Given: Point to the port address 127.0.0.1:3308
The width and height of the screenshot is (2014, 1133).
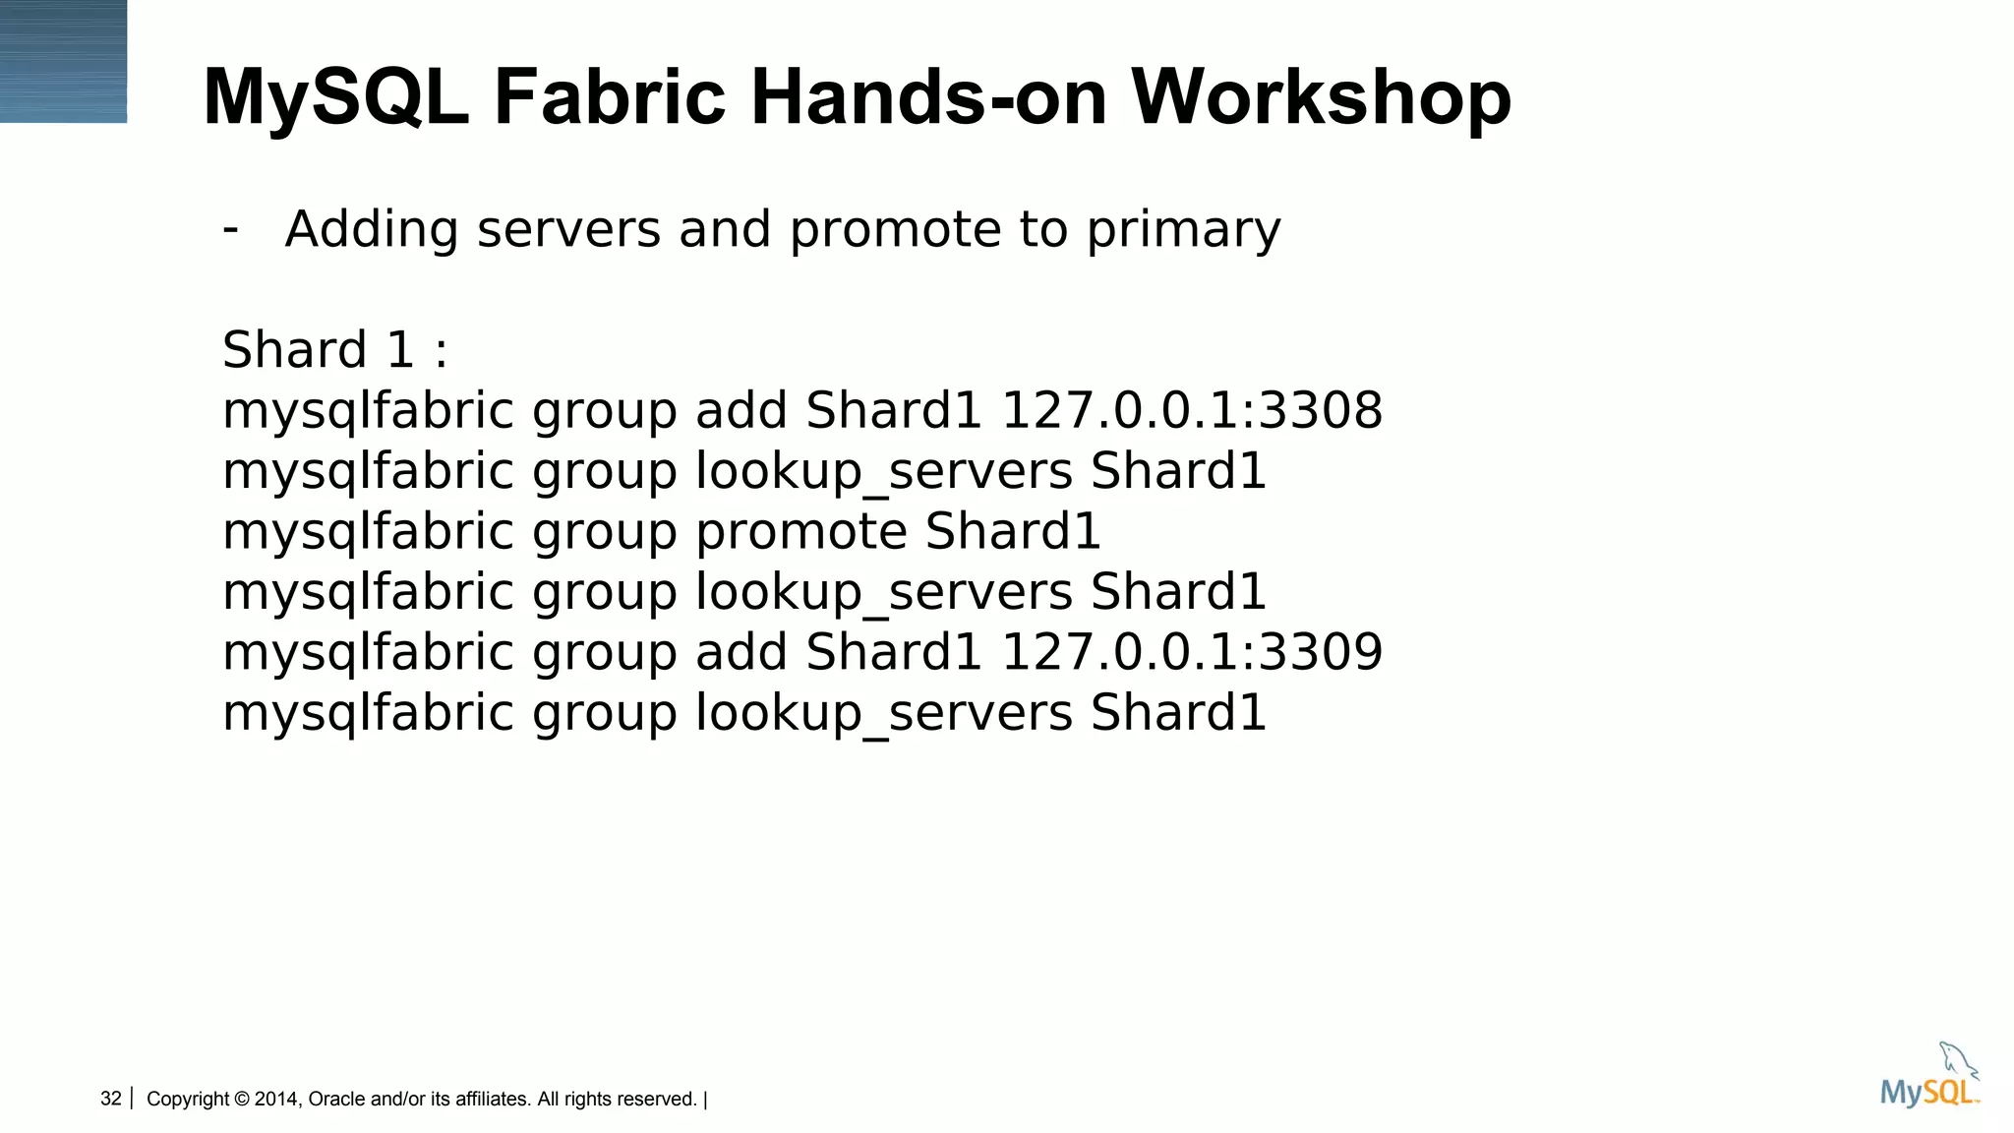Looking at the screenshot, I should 1191,410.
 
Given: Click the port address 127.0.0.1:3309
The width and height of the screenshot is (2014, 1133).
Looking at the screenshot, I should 1191,652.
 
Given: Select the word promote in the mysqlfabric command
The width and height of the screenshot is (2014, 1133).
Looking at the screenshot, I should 801,532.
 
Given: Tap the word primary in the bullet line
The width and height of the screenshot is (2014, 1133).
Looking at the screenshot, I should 1183,230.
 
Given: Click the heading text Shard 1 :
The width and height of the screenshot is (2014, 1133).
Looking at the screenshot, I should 334,350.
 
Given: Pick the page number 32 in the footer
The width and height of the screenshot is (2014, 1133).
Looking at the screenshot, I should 111,1099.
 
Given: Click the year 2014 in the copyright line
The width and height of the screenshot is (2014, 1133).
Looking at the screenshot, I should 276,1099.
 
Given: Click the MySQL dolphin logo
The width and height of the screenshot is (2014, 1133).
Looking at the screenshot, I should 1928,1077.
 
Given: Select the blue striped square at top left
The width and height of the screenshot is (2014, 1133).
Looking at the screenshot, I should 63,61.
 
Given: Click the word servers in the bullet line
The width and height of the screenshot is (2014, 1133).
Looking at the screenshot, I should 568,230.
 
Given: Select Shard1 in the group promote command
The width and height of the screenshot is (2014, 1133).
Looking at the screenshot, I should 1013,532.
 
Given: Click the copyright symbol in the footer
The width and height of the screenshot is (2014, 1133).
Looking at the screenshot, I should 242,1099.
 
